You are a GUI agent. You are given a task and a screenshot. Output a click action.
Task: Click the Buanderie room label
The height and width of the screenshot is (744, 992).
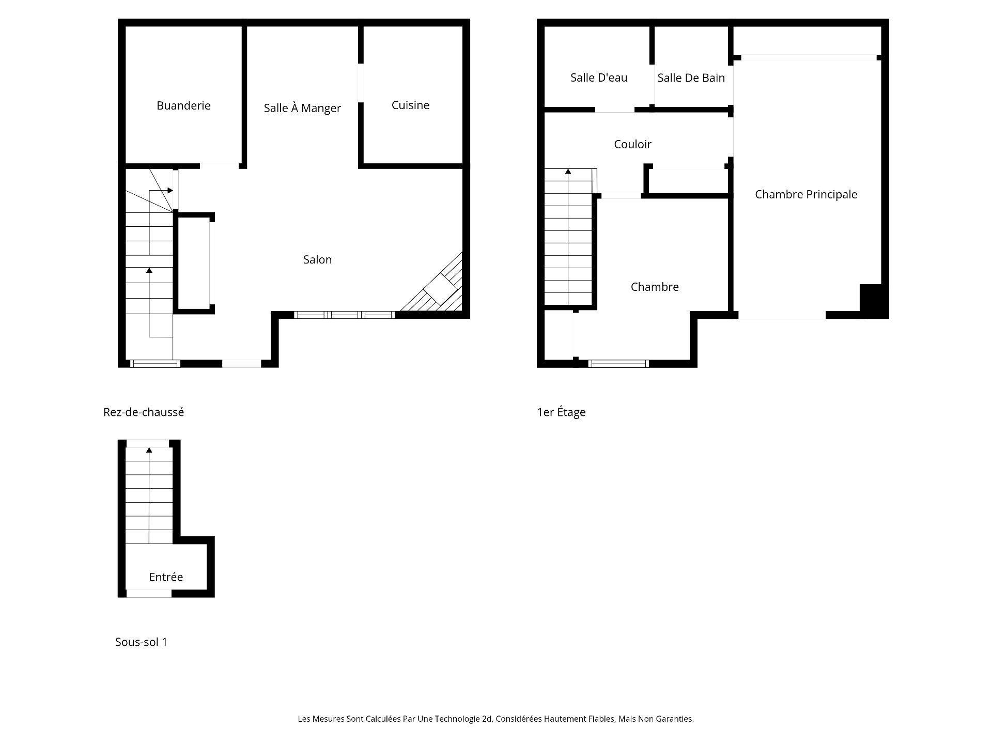(x=183, y=105)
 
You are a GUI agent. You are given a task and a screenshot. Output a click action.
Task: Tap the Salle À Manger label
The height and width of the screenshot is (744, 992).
(x=302, y=108)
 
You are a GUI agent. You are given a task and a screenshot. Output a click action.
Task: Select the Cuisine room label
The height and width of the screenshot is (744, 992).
(x=410, y=105)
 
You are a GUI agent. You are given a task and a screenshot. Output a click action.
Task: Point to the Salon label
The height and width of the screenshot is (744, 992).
(x=317, y=259)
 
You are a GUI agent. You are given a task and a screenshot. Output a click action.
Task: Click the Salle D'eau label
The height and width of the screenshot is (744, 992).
(x=599, y=78)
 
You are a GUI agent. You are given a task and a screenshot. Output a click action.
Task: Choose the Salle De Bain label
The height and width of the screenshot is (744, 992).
(x=691, y=78)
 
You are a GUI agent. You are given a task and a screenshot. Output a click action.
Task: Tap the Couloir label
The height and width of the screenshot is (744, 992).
(x=632, y=144)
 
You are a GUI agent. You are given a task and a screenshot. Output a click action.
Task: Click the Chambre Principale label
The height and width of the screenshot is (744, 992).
(x=806, y=194)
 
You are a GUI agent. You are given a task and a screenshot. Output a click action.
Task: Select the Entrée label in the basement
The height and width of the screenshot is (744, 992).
(x=166, y=577)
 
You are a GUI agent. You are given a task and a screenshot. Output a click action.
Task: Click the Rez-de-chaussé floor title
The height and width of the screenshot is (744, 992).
(x=144, y=412)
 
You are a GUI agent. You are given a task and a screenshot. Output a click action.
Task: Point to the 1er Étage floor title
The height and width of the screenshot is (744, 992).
(x=561, y=412)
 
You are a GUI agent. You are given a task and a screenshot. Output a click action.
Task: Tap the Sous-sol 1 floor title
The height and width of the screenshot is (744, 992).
(x=141, y=642)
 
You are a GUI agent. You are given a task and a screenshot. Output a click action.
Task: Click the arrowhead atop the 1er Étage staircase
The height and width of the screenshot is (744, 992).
(x=568, y=171)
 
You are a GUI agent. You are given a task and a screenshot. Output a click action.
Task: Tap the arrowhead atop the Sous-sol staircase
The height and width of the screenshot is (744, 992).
(x=149, y=450)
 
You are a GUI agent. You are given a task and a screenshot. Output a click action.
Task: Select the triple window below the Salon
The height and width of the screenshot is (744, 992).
(x=344, y=315)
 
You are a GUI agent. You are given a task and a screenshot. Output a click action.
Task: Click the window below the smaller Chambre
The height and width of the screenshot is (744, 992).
(x=618, y=364)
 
